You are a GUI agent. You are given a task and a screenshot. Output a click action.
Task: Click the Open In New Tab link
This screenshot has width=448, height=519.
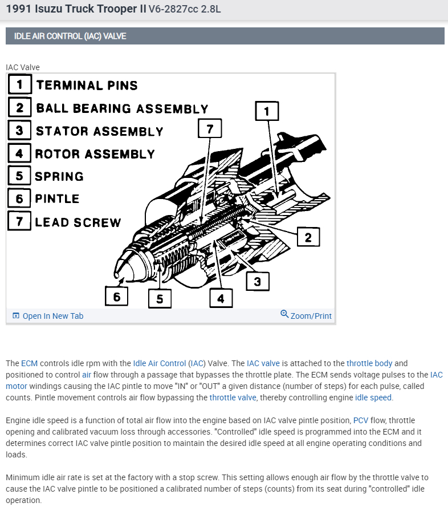[x=52, y=316]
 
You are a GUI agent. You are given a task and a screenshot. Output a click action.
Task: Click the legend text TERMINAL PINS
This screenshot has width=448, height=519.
[x=87, y=86]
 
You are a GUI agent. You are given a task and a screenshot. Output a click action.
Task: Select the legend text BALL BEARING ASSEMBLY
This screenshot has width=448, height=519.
[x=122, y=108]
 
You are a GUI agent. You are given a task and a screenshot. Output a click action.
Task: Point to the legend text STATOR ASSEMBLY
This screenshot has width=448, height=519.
[x=99, y=131]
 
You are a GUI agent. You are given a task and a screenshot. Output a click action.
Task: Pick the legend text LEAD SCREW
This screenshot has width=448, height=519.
[x=78, y=222]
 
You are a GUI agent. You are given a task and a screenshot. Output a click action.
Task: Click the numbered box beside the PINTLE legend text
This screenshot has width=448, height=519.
[x=19, y=198]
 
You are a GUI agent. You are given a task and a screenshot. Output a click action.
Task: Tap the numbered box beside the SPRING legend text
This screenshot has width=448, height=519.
[x=19, y=176]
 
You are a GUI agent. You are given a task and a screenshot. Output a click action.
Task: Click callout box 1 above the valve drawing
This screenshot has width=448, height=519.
[x=267, y=111]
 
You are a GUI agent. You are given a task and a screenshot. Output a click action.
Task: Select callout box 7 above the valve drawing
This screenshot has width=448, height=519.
[x=209, y=129]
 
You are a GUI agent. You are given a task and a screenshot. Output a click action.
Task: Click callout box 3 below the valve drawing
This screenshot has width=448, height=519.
[x=258, y=281]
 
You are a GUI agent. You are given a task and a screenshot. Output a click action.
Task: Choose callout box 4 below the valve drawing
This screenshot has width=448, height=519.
[x=221, y=298]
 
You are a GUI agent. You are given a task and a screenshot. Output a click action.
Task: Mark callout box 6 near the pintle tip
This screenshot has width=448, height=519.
[x=117, y=297]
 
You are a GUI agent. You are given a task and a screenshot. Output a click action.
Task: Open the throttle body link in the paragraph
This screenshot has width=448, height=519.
[x=369, y=363]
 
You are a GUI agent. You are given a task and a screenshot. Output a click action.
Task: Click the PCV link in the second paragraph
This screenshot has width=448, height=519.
[x=360, y=420]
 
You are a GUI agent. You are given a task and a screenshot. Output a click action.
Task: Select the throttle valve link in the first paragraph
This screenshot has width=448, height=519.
[x=233, y=398]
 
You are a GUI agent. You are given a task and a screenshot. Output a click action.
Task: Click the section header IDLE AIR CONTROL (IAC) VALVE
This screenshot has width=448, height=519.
[x=71, y=36]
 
